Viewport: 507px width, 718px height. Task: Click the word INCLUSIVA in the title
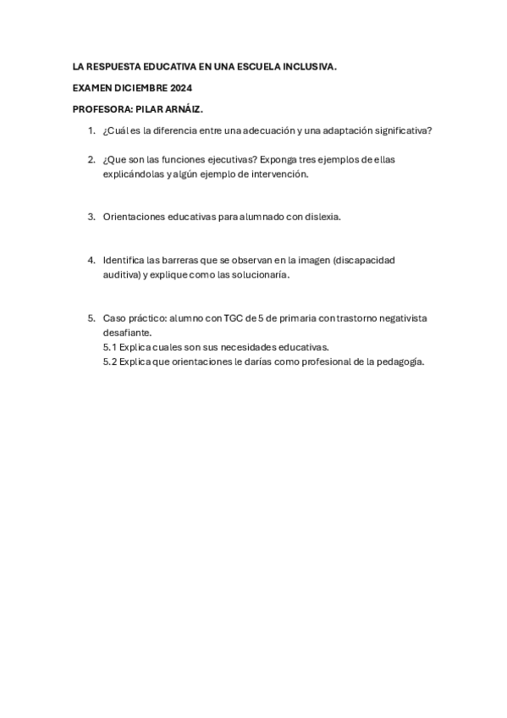306,66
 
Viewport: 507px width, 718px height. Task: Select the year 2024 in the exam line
181,87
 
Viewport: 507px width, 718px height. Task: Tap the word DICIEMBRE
141,87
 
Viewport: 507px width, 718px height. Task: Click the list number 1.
91,130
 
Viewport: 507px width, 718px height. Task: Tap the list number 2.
91,159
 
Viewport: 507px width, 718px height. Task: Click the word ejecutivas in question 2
227,159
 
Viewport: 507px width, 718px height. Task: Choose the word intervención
276,174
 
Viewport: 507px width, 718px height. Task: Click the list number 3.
91,217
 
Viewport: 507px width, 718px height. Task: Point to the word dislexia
320,217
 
